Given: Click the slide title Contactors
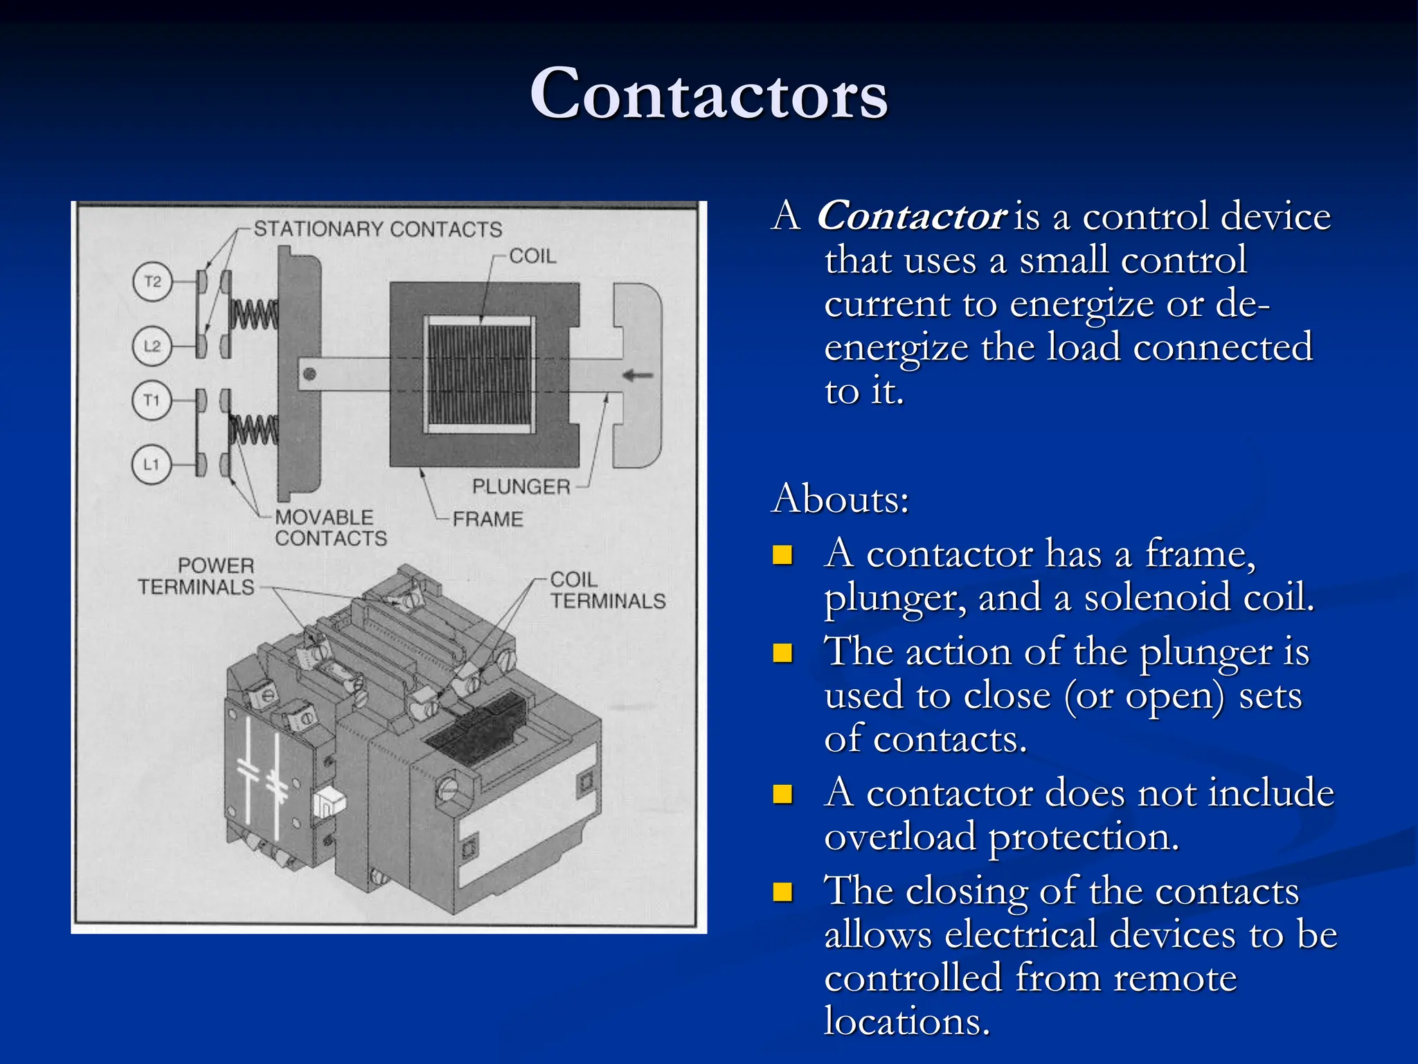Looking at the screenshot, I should coord(708,94).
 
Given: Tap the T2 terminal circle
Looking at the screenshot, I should coord(152,281).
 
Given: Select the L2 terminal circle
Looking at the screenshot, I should coord(152,346).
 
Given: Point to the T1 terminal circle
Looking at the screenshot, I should coord(152,400).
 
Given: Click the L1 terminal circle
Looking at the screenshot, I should coord(152,464).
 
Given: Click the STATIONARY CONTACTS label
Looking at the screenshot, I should coord(377,229).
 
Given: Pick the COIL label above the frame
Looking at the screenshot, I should coord(532,256).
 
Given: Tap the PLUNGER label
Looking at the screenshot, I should coord(521,487).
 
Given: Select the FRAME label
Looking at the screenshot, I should coord(487,519).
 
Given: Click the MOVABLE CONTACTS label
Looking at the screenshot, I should coord(330,528).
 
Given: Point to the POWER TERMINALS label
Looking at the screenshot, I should coord(197,576).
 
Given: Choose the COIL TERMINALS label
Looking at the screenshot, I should coord(607,590).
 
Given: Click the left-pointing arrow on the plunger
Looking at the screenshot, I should coord(638,375).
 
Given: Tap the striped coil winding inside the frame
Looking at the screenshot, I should coord(479,375).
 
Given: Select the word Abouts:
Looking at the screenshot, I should coord(840,498).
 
